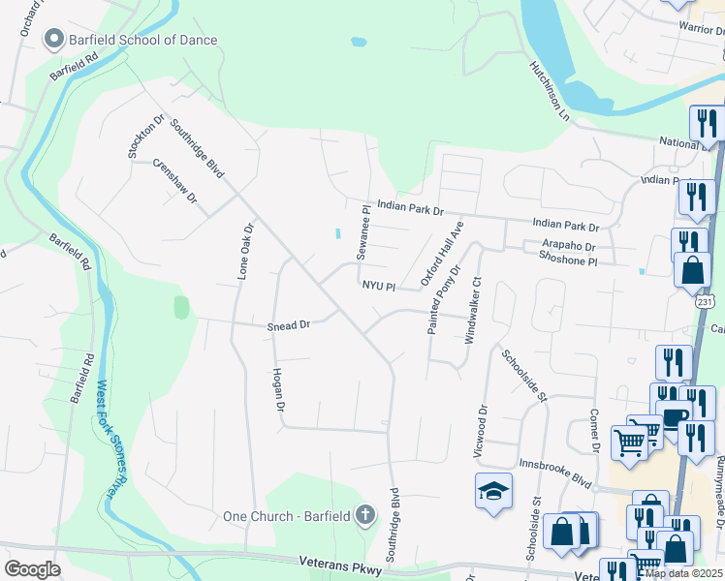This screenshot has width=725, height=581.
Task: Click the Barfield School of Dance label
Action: coord(143,40)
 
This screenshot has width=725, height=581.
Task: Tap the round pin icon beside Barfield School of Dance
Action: coord(53,40)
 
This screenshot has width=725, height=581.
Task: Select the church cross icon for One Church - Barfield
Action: coord(365,514)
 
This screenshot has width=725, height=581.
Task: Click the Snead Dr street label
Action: coord(288,326)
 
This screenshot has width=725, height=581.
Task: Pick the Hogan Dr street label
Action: coord(278,389)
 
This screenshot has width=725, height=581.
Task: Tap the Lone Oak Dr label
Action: coord(245,253)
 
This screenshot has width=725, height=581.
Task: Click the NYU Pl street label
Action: coord(379,287)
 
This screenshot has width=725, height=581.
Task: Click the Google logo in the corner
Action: coord(32,569)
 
